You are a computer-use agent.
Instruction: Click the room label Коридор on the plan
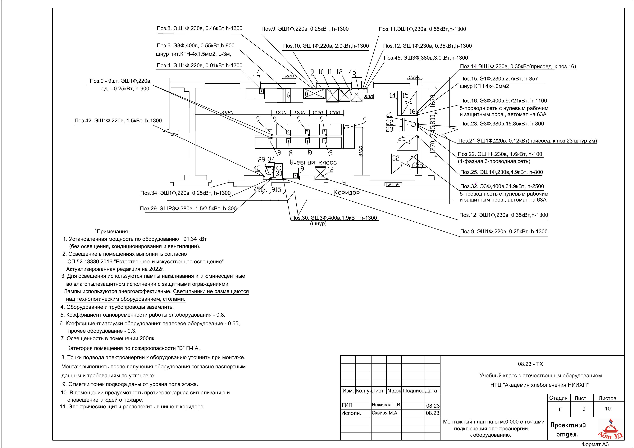tap(347, 192)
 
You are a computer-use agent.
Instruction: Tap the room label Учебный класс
tap(313, 162)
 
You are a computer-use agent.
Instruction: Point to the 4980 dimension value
tap(228, 113)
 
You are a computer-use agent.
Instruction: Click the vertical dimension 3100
tap(361, 152)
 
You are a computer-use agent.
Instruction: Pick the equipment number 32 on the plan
tap(396, 158)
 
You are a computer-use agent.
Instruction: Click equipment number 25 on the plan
tap(402, 138)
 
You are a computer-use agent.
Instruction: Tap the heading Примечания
tap(113, 232)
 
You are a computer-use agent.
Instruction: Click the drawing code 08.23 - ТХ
tap(531, 364)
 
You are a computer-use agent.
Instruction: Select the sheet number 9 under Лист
tap(584, 409)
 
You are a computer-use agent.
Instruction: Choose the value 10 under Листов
tap(608, 409)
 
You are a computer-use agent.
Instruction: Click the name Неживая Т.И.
tap(386, 405)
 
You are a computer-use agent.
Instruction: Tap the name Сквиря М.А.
tap(385, 413)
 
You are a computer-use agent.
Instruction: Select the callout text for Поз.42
tap(118, 121)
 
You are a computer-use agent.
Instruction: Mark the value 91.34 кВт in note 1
tap(195, 239)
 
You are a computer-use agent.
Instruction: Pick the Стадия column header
tap(558, 398)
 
